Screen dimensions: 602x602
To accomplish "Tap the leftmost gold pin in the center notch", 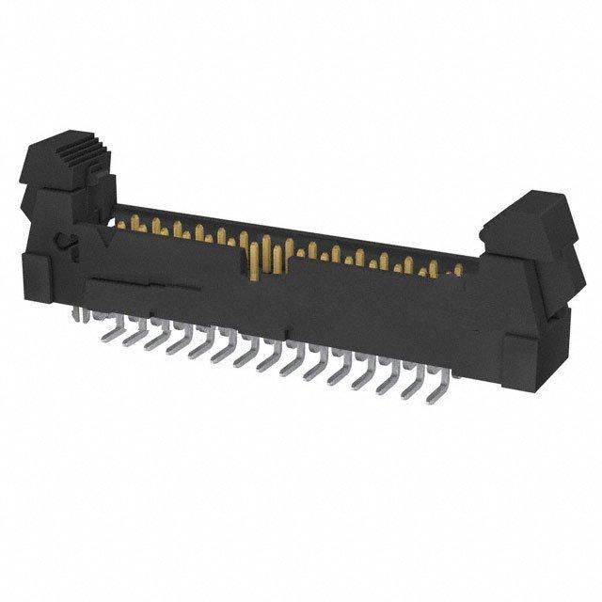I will [x=248, y=256].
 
